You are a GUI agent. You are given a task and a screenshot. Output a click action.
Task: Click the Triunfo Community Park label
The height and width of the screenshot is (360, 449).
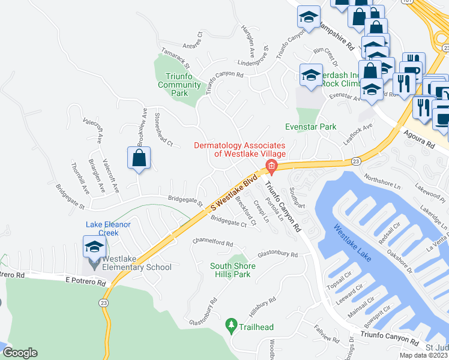coord(179,85)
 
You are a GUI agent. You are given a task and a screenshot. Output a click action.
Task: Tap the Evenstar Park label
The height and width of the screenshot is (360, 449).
coord(310,127)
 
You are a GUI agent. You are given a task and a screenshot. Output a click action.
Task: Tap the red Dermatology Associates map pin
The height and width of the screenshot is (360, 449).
coord(271,166)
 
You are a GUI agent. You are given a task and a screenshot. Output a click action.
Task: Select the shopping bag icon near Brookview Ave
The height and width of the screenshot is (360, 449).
coord(139,158)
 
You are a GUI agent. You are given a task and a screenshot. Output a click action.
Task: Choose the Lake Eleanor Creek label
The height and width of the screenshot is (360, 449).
coord(108,229)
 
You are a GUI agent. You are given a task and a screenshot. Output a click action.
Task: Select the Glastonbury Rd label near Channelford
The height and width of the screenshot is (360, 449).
coord(277,254)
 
